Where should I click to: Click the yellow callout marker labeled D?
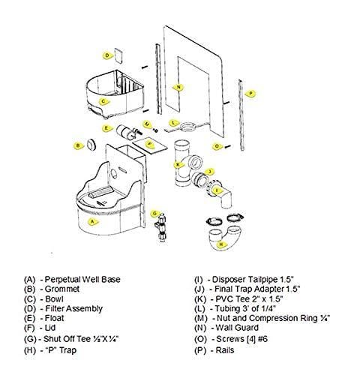click(108, 55)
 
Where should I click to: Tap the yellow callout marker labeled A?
click(93, 222)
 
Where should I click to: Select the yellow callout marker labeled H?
click(222, 244)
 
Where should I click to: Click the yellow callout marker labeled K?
click(178, 163)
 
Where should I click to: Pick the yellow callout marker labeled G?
click(154, 214)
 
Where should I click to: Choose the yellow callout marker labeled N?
click(178, 87)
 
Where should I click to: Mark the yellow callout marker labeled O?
click(218, 145)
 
